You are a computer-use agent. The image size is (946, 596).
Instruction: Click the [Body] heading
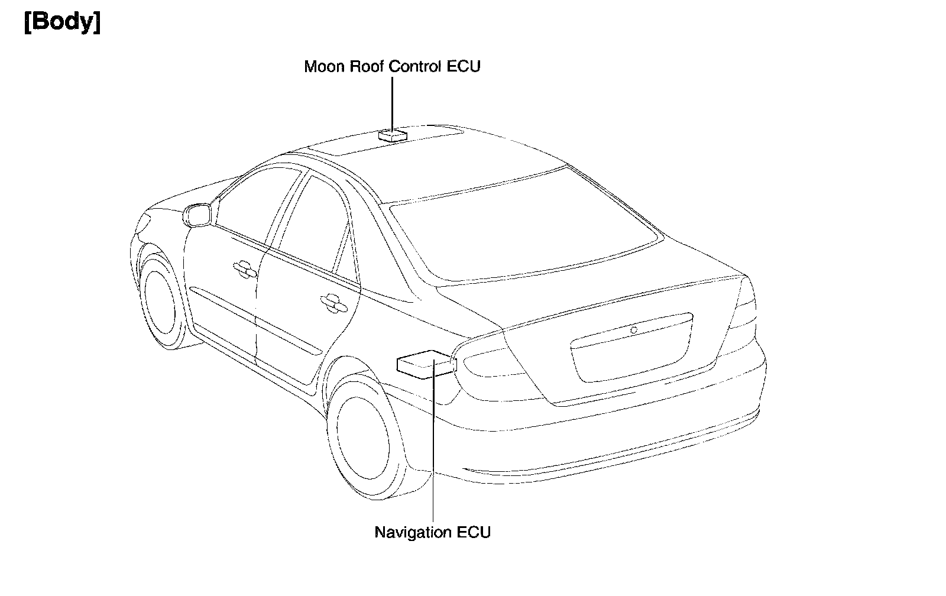pos(62,23)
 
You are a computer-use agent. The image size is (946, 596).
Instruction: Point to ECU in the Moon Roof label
pos(464,67)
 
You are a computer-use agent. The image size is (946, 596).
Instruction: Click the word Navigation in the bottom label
pos(413,532)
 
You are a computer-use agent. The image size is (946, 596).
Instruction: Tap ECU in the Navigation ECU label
pos(474,532)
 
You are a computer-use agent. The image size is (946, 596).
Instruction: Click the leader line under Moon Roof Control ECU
pos(392,103)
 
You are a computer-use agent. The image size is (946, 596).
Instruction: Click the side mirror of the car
pos(197,214)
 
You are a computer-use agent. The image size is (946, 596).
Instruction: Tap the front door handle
pos(244,268)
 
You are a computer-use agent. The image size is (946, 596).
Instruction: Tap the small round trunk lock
pos(633,330)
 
